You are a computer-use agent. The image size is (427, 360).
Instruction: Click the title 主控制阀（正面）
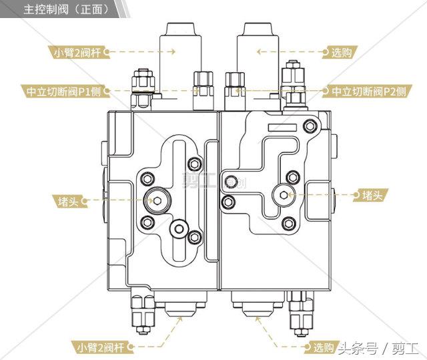point(66,9)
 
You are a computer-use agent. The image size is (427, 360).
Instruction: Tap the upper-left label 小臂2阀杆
point(77,52)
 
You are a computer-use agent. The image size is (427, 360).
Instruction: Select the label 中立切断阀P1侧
point(63,92)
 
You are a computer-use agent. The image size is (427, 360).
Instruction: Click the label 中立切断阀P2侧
point(369,92)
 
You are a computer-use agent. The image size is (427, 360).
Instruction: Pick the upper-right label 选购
point(342,52)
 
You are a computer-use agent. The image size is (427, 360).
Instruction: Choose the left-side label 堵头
point(68,202)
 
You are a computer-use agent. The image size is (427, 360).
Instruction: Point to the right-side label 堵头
point(372,195)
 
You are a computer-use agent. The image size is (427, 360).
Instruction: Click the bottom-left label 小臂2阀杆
point(101,347)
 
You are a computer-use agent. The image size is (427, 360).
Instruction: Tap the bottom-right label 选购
point(324,347)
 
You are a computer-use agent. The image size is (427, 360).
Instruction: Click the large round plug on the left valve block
point(157,201)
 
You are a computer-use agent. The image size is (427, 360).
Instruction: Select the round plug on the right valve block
point(284,195)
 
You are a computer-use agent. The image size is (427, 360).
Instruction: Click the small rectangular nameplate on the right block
point(282,128)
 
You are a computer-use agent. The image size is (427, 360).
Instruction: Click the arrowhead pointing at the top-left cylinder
point(173,51)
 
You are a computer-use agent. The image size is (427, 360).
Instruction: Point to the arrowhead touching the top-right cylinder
point(260,51)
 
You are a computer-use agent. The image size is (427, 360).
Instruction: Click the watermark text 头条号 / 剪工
point(378,349)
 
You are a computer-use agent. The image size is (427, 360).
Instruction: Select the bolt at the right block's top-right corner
point(310,126)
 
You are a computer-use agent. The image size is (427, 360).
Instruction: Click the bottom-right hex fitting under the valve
point(300,313)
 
